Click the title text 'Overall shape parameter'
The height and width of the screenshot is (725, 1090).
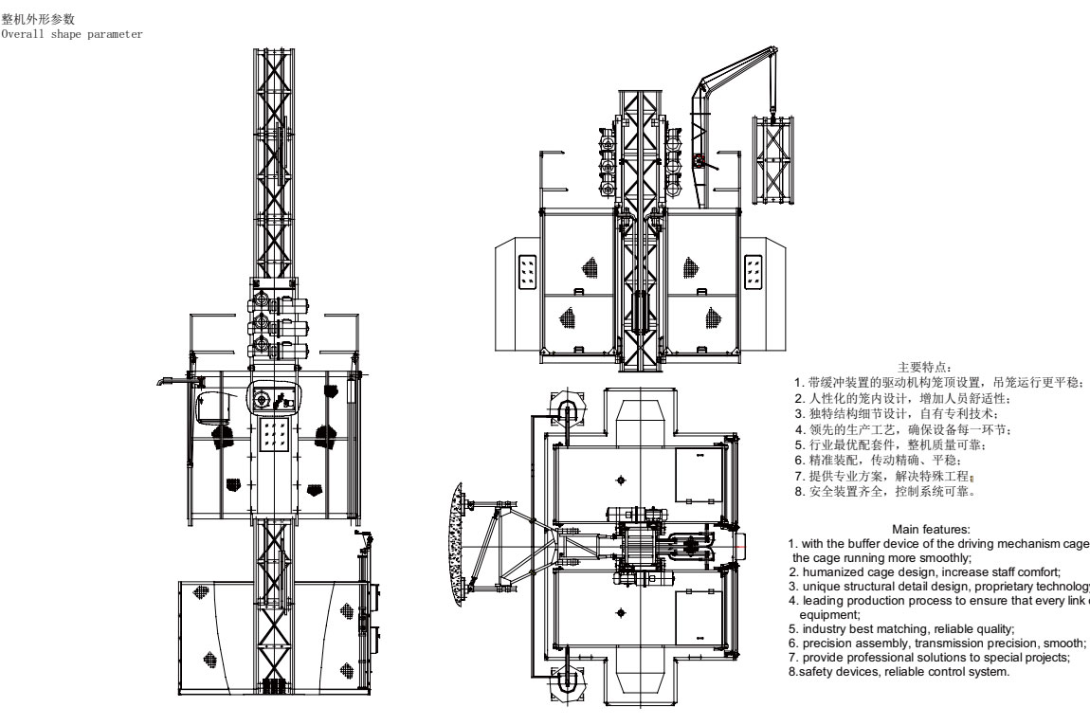coord(72,34)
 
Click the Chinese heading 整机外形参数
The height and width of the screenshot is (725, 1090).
coord(39,19)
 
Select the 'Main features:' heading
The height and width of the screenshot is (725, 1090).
coord(931,529)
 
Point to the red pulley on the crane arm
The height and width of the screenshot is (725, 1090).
coord(700,162)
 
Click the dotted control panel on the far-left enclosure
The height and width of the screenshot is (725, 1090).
coord(527,269)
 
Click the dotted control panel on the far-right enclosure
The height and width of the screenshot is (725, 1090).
coord(754,269)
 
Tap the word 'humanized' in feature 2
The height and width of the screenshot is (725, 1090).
coord(835,571)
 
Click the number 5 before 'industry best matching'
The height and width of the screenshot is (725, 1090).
coord(793,628)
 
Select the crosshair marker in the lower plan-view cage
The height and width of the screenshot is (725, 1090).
coord(621,613)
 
